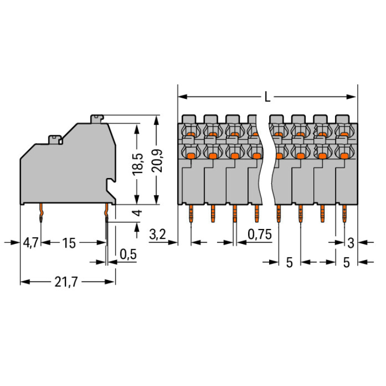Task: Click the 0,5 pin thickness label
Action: pos(128,254)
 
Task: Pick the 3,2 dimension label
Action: pos(157,235)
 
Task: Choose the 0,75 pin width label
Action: pos(259,235)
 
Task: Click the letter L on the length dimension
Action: pos(267,96)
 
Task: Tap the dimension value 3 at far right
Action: pos(351,242)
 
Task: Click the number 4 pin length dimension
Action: pos(137,213)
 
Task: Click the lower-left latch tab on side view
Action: pos(55,138)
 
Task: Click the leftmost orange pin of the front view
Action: pos(191,213)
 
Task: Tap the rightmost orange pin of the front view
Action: pos(344,213)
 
